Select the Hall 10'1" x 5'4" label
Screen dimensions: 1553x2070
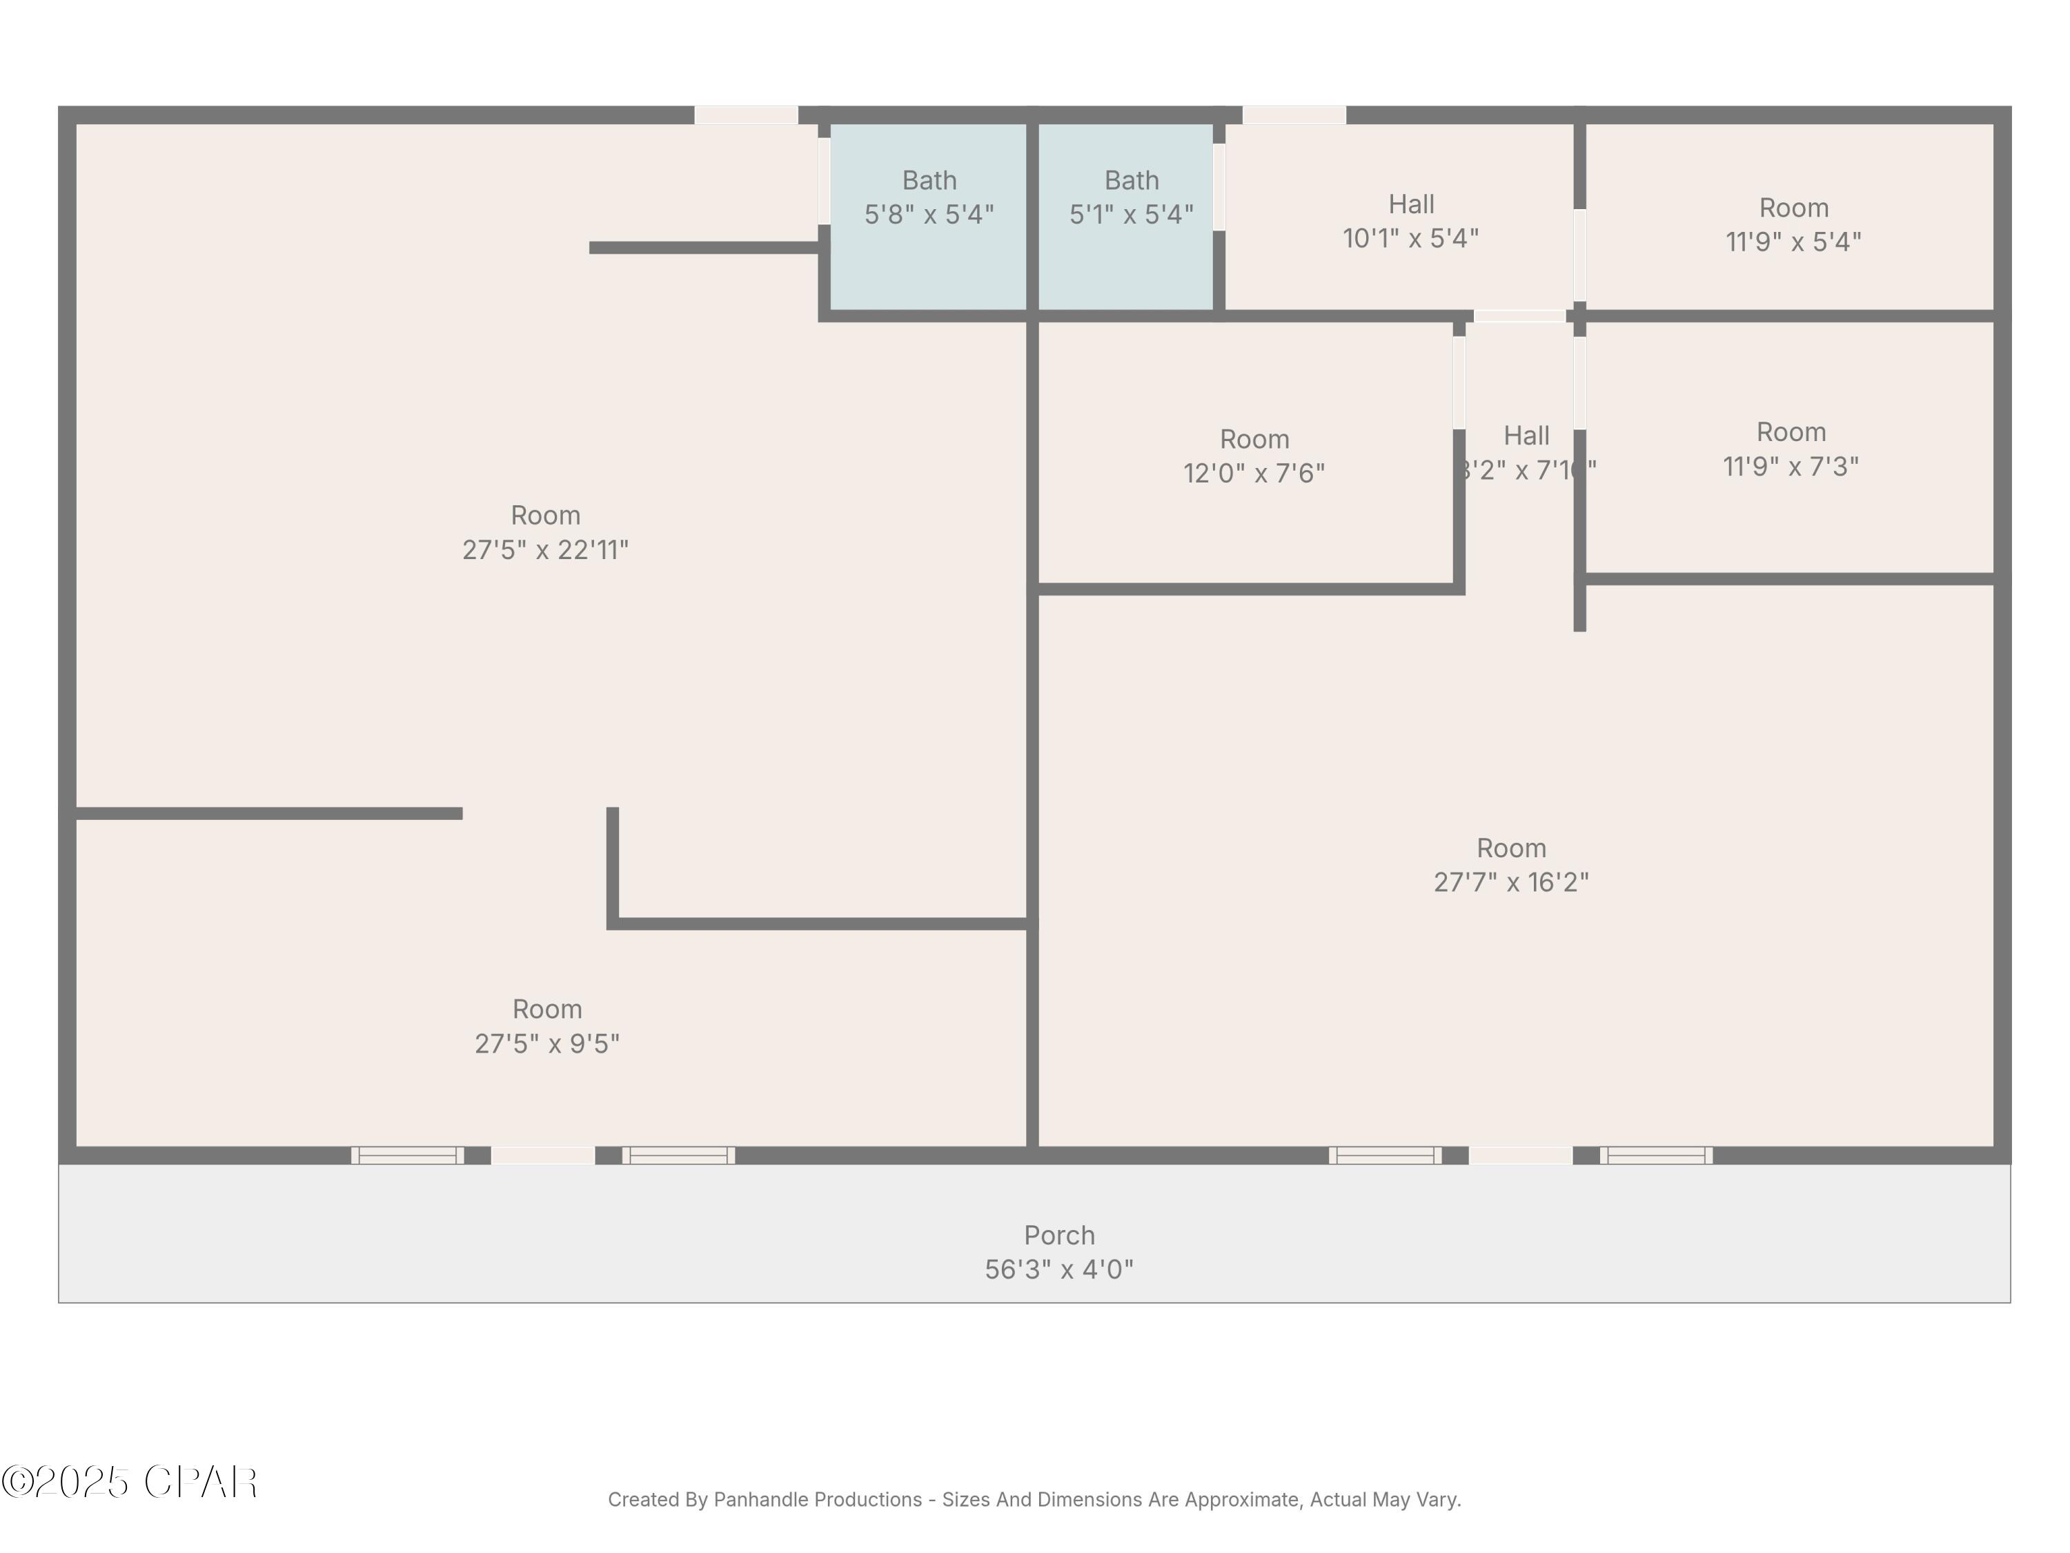[1410, 222]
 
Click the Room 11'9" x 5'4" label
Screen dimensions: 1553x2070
[1793, 224]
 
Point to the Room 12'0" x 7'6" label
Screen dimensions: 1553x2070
[1254, 456]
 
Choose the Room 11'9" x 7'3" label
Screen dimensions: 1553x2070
[1790, 449]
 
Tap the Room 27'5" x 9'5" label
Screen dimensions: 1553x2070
[546, 1026]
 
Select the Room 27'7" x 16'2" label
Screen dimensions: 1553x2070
[1510, 865]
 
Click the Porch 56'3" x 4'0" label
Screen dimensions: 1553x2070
[1058, 1251]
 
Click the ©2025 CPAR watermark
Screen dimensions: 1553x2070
[129, 1483]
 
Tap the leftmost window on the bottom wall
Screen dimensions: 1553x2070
[407, 1155]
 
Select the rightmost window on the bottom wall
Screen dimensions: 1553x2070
[1655, 1155]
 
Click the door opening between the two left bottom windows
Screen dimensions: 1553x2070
[543, 1155]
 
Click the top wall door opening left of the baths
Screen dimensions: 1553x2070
[746, 115]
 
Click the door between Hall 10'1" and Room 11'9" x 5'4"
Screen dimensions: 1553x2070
[1579, 255]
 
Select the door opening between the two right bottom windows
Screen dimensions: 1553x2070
[1520, 1155]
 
